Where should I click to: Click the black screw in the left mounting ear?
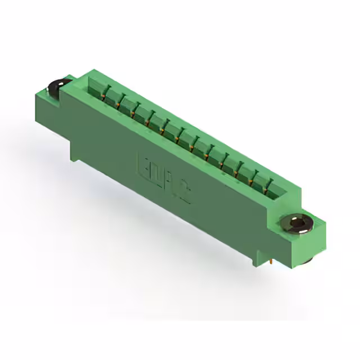[x=57, y=88]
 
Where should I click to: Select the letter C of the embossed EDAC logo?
[x=184, y=196]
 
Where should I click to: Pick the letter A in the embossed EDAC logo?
[x=170, y=186]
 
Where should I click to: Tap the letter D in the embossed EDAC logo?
[x=156, y=175]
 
